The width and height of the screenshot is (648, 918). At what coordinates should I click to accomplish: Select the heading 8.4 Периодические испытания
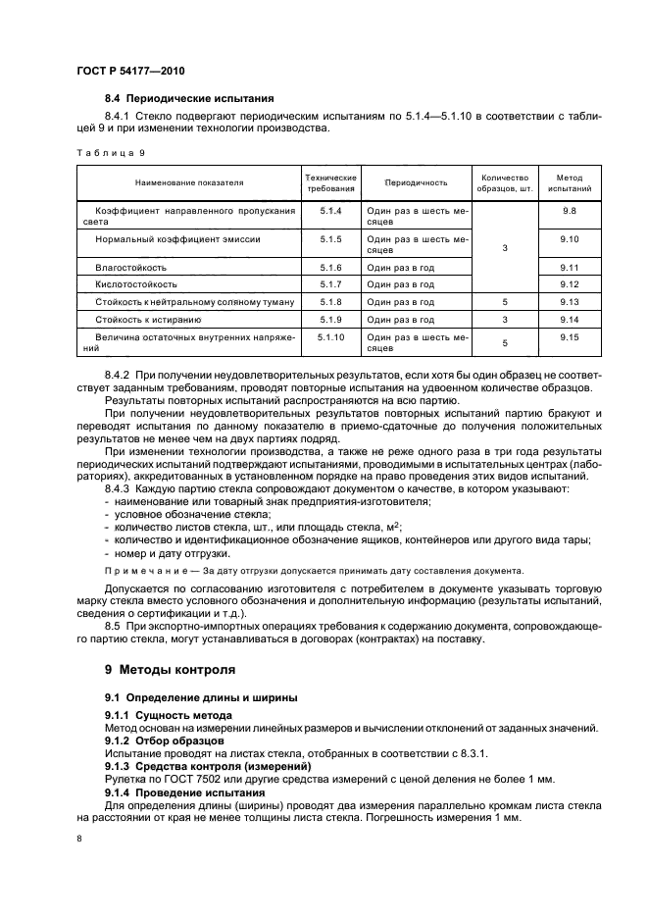click(189, 98)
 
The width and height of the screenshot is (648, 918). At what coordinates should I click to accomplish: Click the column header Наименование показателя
click(189, 182)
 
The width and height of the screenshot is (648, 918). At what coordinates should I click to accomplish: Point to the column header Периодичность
click(416, 182)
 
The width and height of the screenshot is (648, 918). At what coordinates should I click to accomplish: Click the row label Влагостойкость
click(130, 267)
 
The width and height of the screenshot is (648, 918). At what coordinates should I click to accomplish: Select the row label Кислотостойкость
click(136, 283)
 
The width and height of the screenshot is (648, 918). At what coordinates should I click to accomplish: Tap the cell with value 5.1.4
click(330, 211)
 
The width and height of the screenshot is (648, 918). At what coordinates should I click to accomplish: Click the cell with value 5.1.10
click(330, 336)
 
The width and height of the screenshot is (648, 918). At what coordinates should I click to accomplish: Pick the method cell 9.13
click(570, 301)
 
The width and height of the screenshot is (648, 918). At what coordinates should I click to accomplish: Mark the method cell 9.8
click(570, 211)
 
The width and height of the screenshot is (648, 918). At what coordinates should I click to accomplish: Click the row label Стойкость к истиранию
click(148, 319)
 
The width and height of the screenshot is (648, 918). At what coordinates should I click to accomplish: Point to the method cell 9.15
click(570, 336)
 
